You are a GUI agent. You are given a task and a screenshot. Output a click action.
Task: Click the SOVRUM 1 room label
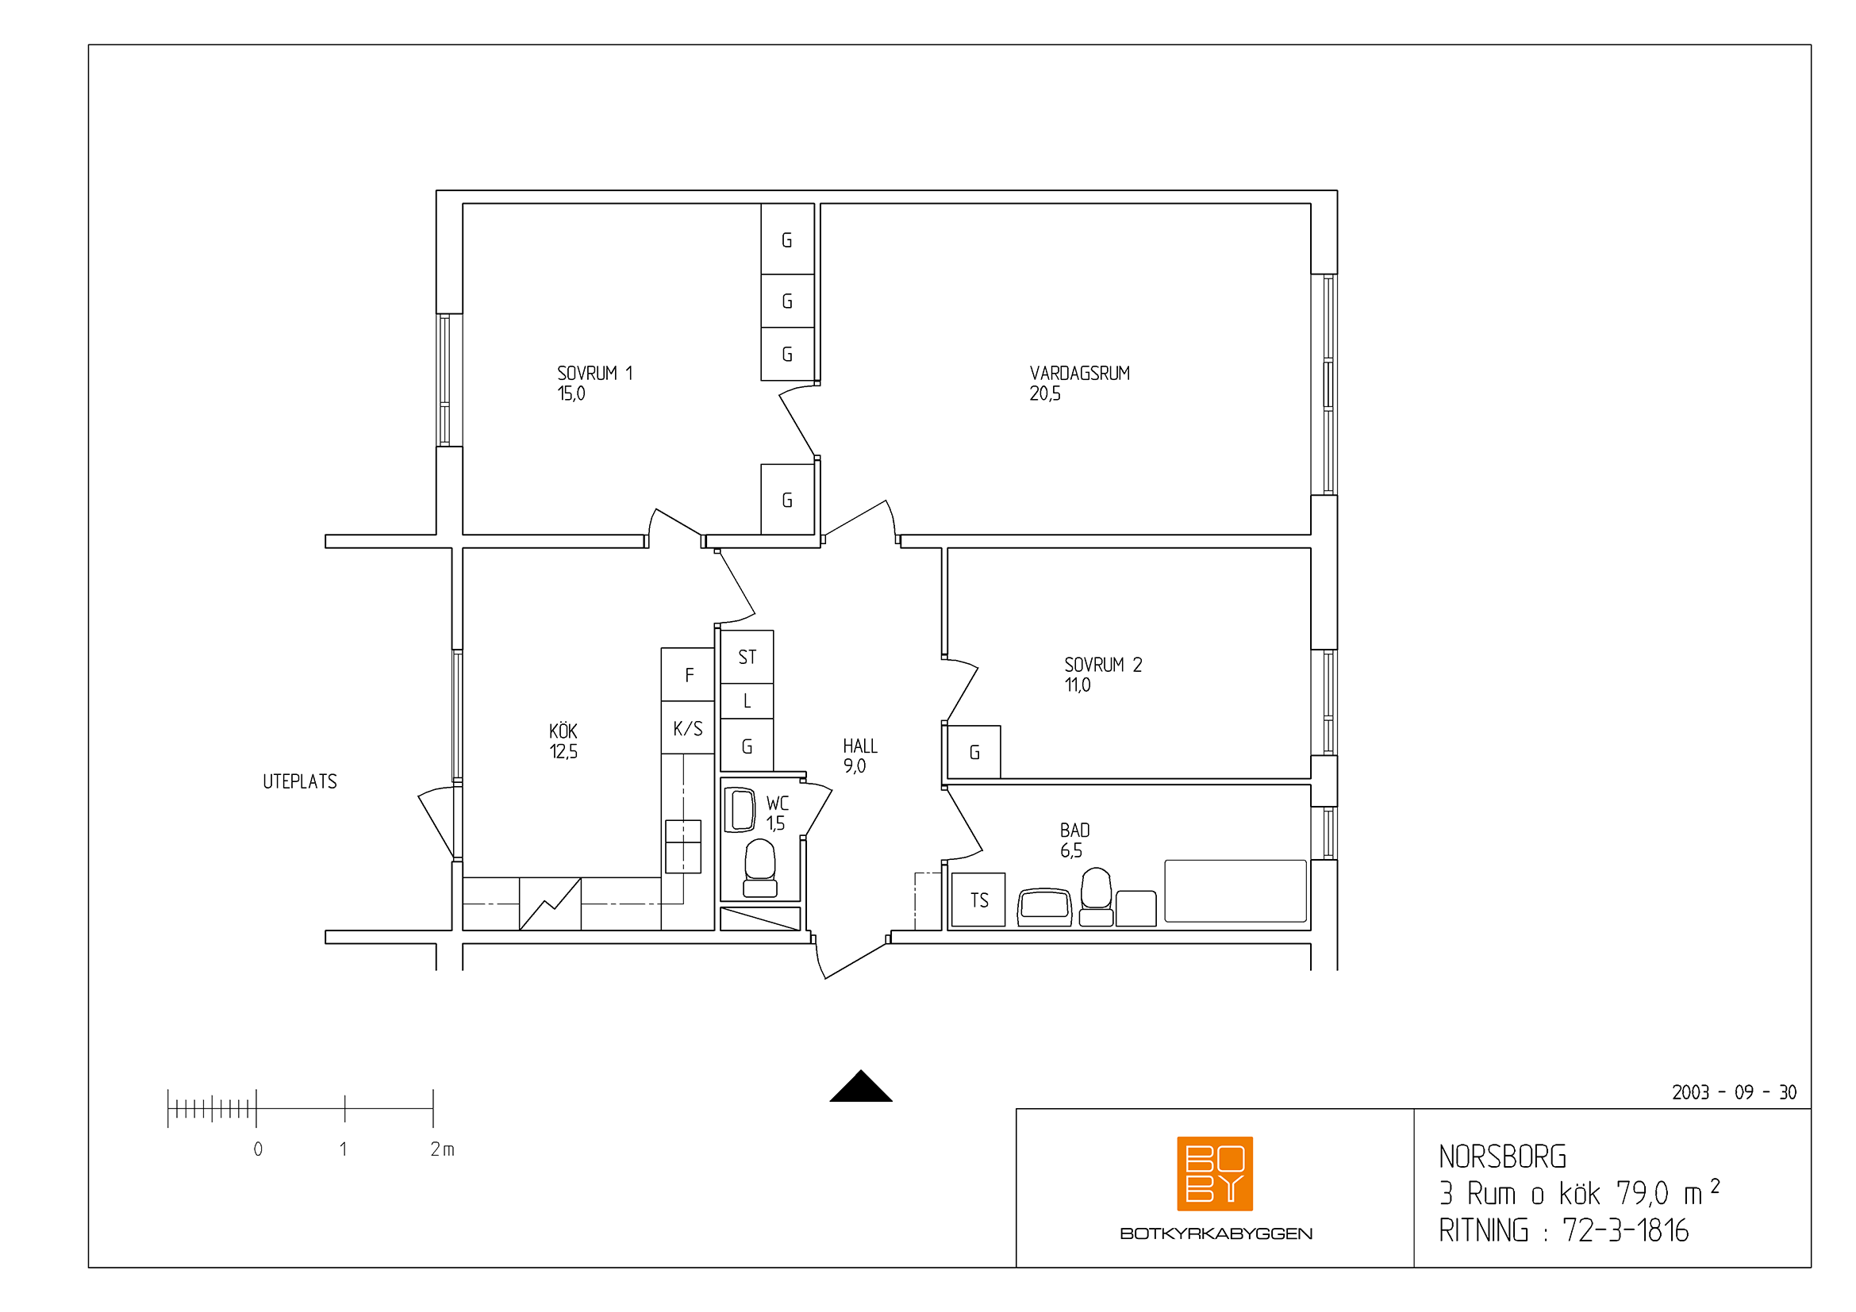[x=594, y=374]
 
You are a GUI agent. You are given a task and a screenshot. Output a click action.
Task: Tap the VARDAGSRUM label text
[x=1079, y=374]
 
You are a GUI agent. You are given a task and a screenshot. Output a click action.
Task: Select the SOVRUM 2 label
[x=1103, y=665]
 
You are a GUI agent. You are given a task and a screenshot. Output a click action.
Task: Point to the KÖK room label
[x=563, y=731]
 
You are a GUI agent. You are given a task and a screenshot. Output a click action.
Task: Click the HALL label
[x=859, y=746]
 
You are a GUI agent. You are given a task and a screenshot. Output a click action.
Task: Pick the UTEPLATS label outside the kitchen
[x=300, y=782]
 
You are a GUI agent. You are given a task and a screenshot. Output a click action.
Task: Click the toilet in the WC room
[x=760, y=869]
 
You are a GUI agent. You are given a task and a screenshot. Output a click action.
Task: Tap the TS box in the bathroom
[x=978, y=900]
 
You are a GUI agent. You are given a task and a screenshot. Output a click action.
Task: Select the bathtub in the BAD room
[x=1235, y=891]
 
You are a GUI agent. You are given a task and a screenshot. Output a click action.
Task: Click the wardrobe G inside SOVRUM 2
[x=974, y=752]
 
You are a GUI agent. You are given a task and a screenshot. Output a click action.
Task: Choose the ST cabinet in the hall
[x=747, y=657]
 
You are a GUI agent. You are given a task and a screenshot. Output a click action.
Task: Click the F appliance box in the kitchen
[x=688, y=674]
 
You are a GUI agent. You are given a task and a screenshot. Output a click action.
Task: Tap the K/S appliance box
[x=688, y=728]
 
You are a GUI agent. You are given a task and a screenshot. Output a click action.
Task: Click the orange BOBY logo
[x=1215, y=1174]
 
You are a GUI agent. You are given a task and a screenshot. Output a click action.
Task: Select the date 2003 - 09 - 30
[x=1735, y=1092]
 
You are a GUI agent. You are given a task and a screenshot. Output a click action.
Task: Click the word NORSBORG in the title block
[x=1503, y=1157]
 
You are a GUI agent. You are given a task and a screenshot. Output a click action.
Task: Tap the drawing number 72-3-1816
[x=1626, y=1230]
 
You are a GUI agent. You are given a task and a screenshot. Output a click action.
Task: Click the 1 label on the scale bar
[x=344, y=1149]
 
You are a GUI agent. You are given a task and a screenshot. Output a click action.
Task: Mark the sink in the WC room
[x=740, y=811]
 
